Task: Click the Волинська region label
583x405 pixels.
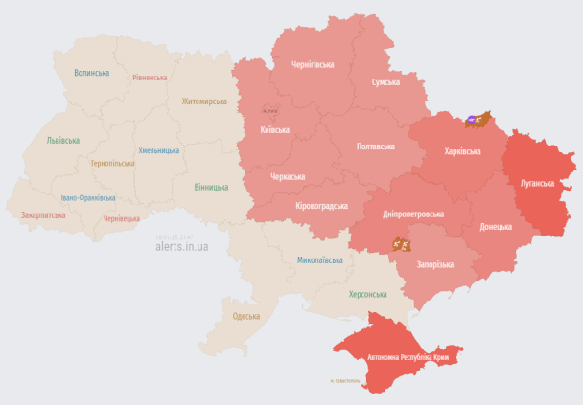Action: pos(91,73)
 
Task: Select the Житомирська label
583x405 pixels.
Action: pos(204,101)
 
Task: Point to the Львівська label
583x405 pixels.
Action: pos(63,140)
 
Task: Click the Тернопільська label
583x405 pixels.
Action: pos(112,164)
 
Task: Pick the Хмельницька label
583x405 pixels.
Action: pos(159,150)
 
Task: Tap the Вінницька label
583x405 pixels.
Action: pos(211,187)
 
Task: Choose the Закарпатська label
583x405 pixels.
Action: pos(43,215)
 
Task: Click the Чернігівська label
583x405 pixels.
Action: pos(313,64)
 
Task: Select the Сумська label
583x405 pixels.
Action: pos(385,82)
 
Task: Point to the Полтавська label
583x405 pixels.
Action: pos(375,146)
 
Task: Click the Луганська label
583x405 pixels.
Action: pos(536,182)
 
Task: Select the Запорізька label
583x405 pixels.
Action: pos(434,264)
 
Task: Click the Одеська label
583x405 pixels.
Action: pos(246,316)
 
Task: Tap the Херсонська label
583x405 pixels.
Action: pos(368,294)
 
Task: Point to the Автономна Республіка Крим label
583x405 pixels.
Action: pos(408,357)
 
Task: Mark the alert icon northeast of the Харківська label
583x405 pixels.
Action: pos(478,120)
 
